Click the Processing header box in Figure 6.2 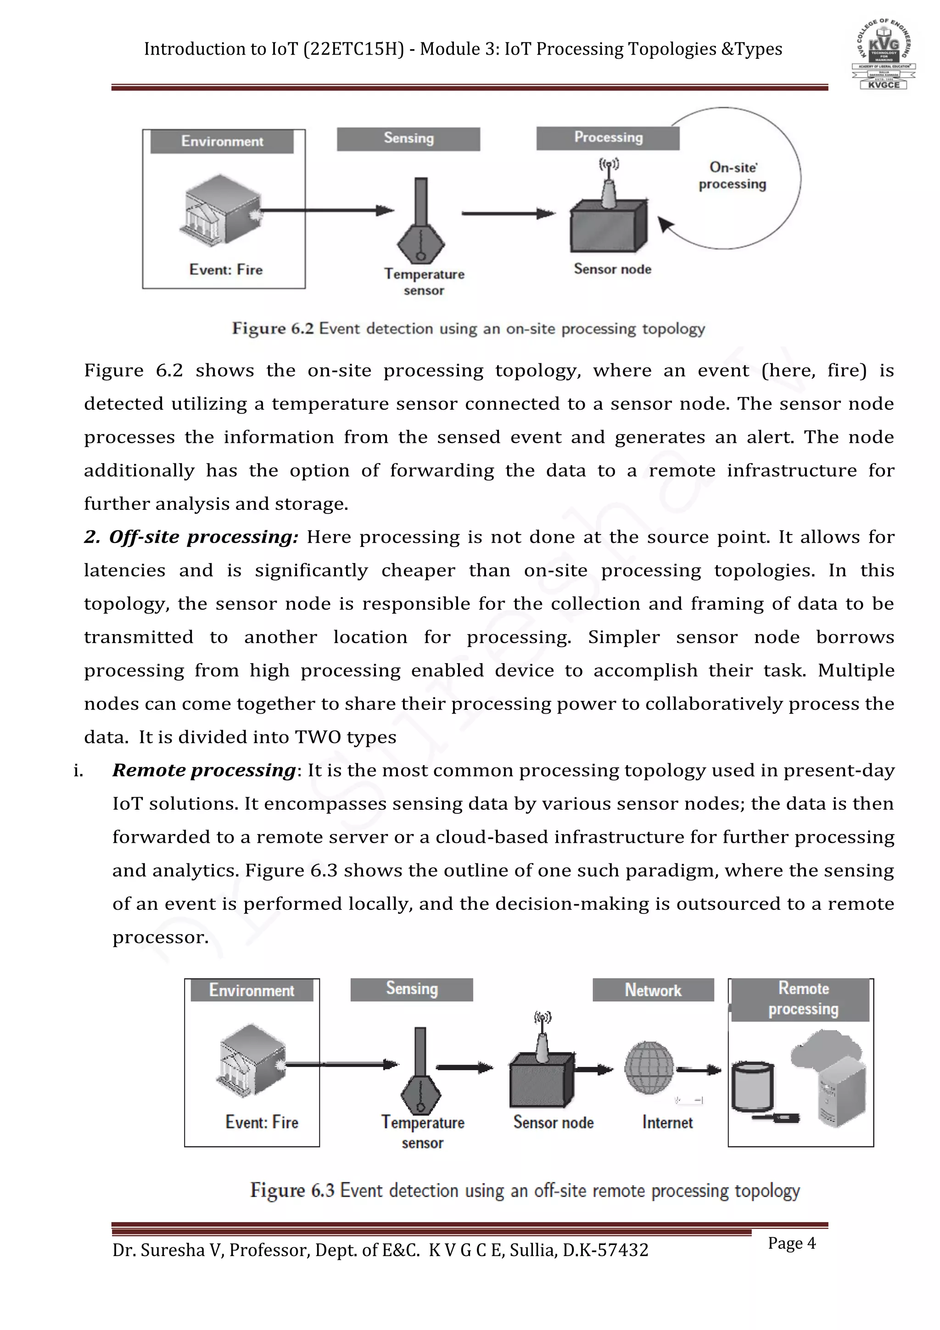(x=608, y=138)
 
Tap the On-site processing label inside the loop (x=732, y=175)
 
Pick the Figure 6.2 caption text (x=468, y=328)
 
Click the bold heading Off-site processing (x=191, y=537)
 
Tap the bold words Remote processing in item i (x=204, y=771)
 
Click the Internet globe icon (x=649, y=1068)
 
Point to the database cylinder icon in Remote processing (x=752, y=1086)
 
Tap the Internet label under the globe (x=667, y=1122)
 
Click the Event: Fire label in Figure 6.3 (x=262, y=1122)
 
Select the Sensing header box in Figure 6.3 (x=412, y=989)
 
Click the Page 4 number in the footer (x=791, y=1243)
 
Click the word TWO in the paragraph (x=318, y=738)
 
